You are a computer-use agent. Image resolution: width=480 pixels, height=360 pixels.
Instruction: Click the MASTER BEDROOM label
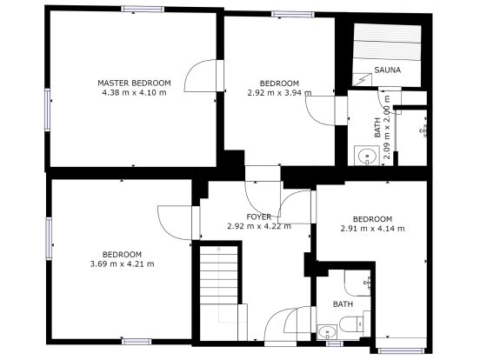click(x=134, y=83)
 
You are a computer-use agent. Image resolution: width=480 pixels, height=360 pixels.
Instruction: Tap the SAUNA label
click(x=387, y=70)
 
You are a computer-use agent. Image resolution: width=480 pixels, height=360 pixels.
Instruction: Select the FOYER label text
click(x=259, y=217)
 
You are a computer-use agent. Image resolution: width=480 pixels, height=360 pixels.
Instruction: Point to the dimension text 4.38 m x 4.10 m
click(x=134, y=92)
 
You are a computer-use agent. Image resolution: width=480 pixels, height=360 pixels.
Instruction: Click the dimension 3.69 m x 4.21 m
click(x=122, y=263)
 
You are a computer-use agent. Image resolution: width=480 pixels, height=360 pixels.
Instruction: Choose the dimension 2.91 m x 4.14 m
click(x=372, y=229)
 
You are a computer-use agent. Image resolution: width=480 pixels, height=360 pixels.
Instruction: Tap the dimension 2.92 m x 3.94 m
click(x=279, y=92)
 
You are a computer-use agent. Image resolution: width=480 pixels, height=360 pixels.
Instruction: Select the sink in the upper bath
click(x=367, y=156)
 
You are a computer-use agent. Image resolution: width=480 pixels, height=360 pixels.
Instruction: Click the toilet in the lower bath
click(x=352, y=323)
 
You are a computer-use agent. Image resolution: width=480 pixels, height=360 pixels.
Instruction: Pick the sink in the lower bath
click(x=327, y=332)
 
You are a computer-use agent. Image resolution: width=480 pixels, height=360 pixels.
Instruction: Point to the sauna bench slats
click(x=387, y=43)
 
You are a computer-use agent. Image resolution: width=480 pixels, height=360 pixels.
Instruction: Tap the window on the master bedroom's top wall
click(x=143, y=10)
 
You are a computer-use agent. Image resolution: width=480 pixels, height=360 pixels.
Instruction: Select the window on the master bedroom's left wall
click(x=48, y=110)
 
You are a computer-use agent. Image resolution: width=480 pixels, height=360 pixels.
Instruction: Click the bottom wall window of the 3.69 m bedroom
click(x=137, y=342)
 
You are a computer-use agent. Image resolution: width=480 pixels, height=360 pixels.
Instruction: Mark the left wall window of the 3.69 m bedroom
click(x=49, y=238)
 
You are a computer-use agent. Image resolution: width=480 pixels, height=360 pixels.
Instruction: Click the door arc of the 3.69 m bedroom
click(x=164, y=227)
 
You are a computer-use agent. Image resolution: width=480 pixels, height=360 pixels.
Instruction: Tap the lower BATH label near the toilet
click(x=343, y=304)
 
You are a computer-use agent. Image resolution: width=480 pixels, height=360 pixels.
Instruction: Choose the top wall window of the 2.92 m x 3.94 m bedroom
click(x=293, y=15)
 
